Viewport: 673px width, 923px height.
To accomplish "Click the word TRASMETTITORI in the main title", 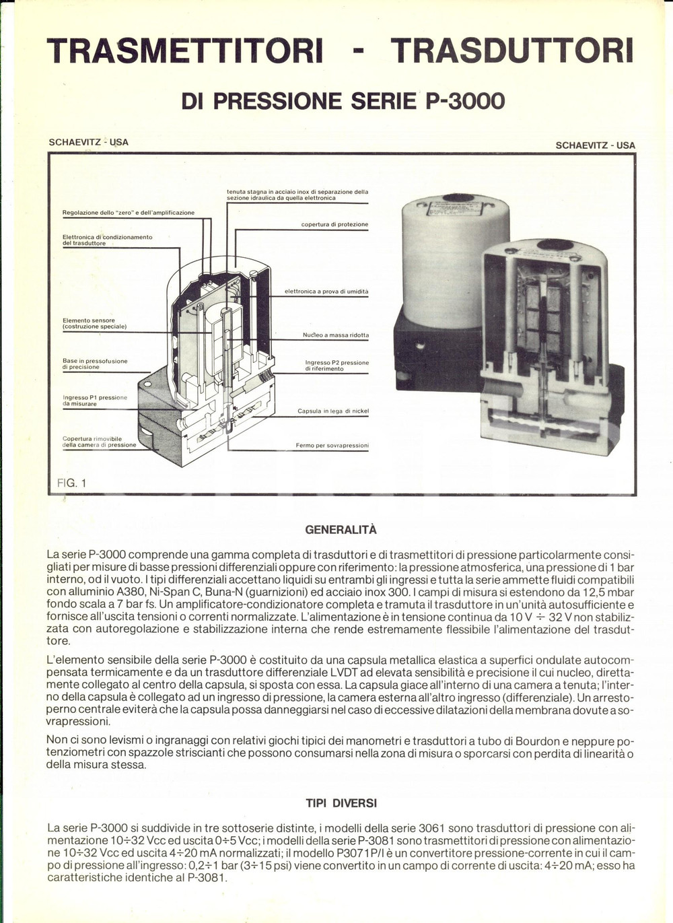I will [x=184, y=51].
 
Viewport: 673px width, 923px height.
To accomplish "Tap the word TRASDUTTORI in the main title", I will [x=511, y=51].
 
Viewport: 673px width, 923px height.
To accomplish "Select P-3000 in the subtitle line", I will [x=465, y=101].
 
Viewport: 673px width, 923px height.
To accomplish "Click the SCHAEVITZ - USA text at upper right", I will [x=595, y=145].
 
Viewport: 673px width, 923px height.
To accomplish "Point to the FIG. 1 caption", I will [x=72, y=483].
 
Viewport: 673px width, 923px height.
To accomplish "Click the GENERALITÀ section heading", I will [x=341, y=530].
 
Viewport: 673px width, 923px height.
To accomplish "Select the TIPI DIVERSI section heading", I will [x=341, y=803].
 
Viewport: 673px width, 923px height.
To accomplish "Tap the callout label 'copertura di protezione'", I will [x=334, y=224].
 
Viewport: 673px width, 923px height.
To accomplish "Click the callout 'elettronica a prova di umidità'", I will [x=326, y=292].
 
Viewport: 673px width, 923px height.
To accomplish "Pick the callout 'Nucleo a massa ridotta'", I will [x=335, y=335].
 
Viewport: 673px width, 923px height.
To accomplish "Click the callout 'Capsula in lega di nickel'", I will [x=333, y=411].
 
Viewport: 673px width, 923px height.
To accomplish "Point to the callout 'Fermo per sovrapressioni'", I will [x=332, y=445].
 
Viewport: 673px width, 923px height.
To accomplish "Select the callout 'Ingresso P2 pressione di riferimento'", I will [x=336, y=366].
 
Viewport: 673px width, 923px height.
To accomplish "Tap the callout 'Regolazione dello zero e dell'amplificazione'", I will [x=128, y=213].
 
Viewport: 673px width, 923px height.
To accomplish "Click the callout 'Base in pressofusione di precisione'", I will [x=94, y=364].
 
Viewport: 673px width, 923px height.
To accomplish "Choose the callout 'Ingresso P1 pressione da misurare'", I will [x=94, y=401].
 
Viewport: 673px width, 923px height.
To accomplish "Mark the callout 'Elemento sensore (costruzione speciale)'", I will [x=94, y=324].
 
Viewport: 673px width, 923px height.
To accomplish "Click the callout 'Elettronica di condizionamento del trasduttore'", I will [x=107, y=240].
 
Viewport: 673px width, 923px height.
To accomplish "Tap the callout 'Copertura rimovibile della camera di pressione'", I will [x=99, y=442].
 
